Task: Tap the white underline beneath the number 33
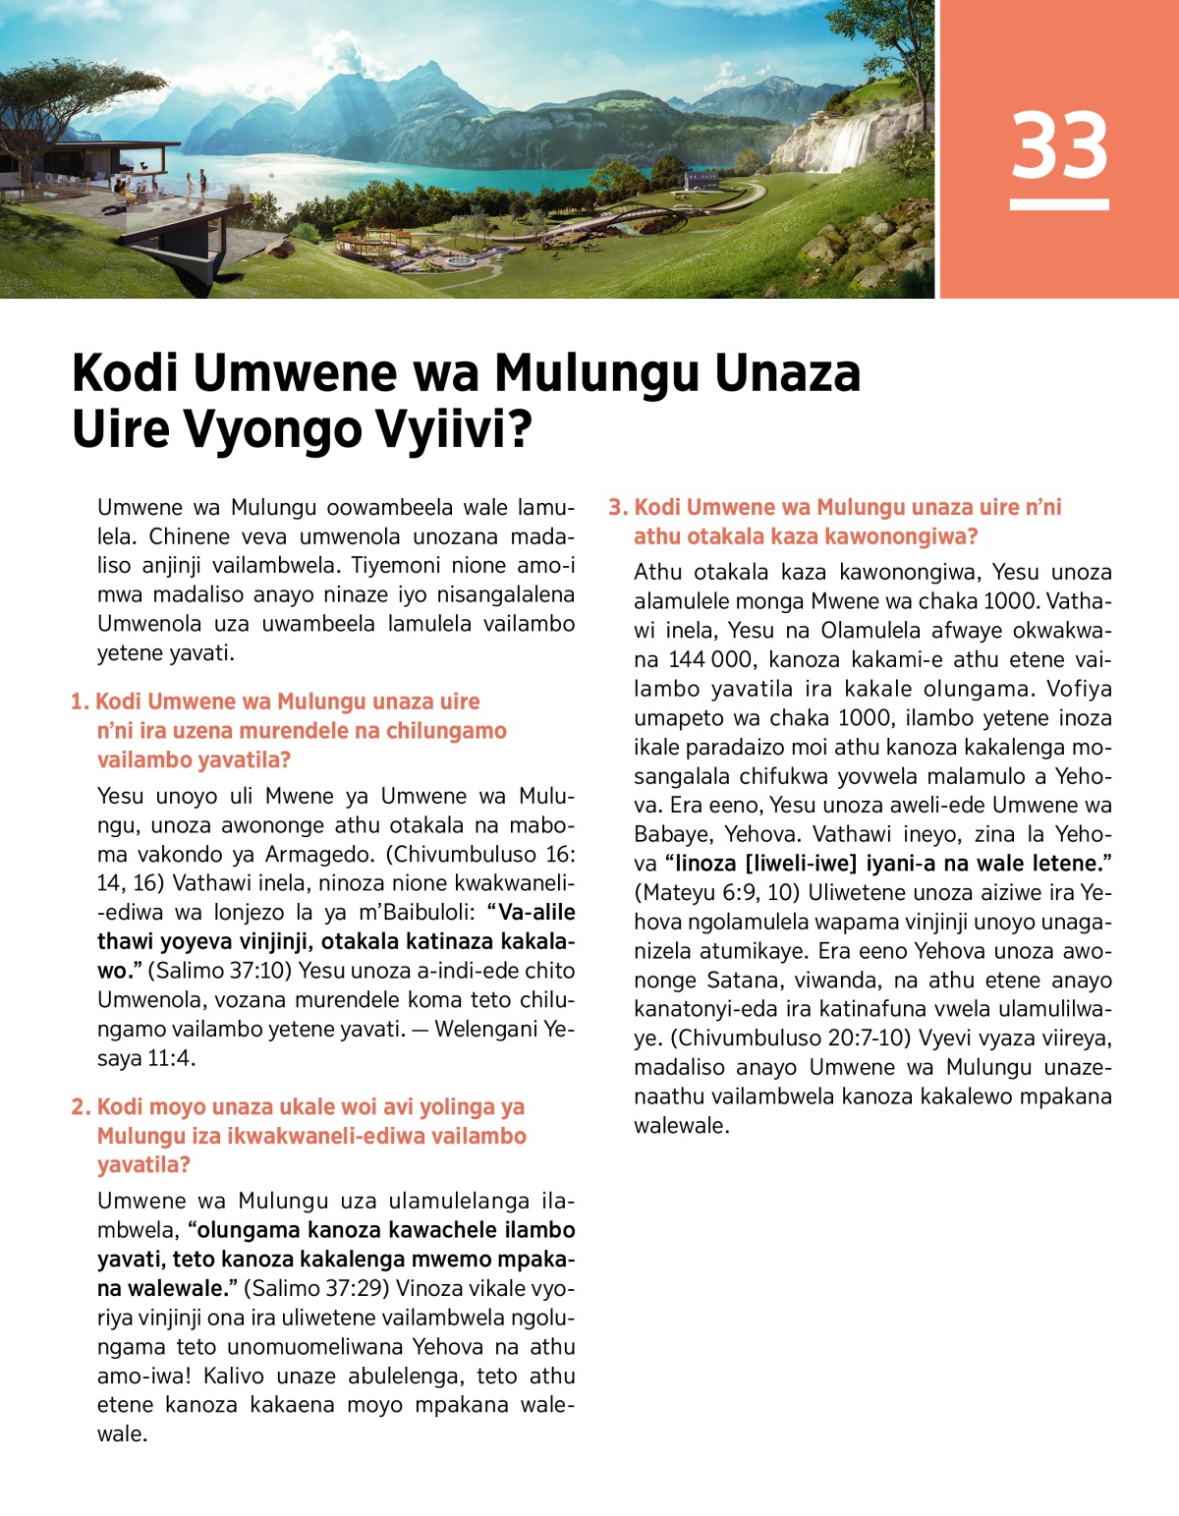click(1059, 204)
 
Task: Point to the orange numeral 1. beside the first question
click(80, 702)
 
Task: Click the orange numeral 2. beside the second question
click(81, 1106)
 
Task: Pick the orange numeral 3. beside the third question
click(617, 507)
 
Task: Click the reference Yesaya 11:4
click(147, 1058)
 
